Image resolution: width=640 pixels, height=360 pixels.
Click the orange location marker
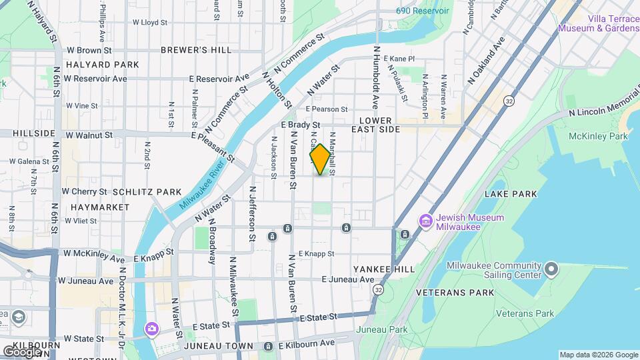[x=320, y=160]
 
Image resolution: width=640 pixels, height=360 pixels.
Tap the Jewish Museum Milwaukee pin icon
[x=425, y=220]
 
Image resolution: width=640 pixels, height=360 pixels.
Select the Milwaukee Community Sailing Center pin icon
[x=551, y=269]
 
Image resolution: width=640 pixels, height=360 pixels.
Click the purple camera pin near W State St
[x=152, y=328]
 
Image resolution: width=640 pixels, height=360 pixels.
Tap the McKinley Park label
[x=598, y=136]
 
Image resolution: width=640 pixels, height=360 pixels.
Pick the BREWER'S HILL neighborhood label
[x=196, y=50]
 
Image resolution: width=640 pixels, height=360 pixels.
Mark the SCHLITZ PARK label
[x=147, y=191]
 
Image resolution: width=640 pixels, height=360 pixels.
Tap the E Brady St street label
[x=301, y=125]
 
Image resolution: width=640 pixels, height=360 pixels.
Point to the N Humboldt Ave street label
[x=376, y=79]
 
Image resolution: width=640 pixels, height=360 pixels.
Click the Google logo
[x=22, y=351]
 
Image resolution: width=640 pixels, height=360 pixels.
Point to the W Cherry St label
[x=84, y=191]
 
